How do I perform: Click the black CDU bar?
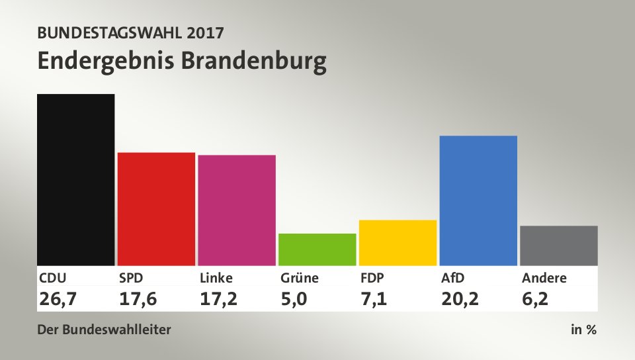[76, 179]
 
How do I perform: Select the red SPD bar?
[156, 208]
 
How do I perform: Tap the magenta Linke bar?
[237, 210]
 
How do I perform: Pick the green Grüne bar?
[317, 249]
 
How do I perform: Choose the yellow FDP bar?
[398, 242]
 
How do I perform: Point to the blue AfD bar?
[478, 200]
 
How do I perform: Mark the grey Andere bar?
[559, 245]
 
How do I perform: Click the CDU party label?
[53, 278]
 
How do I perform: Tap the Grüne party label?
[299, 278]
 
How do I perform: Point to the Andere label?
[544, 278]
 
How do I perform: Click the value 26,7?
[58, 298]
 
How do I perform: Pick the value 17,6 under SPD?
[138, 298]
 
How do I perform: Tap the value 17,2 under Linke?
[219, 298]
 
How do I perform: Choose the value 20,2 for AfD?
[460, 298]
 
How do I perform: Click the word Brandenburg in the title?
[253, 61]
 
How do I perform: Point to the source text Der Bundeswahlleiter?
[105, 330]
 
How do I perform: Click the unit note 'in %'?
[583, 330]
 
